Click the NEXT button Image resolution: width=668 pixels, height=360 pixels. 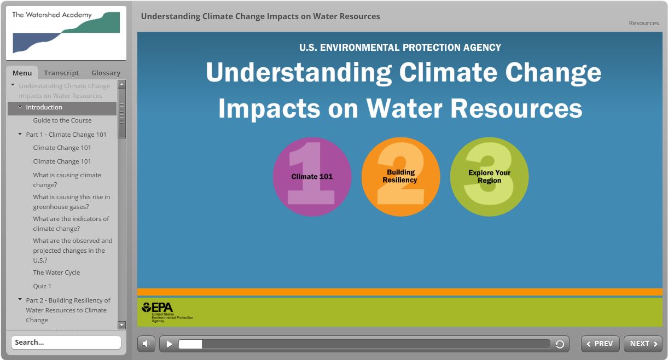pos(643,344)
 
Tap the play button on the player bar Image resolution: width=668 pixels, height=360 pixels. pos(169,344)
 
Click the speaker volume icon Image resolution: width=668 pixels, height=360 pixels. pos(146,344)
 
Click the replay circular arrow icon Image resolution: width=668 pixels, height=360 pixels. pos(560,344)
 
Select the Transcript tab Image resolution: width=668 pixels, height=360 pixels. pos(61,73)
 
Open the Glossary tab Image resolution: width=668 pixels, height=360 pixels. pos(106,73)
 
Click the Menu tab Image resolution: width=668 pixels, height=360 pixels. pos(22,73)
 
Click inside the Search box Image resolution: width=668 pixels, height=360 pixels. pos(66,342)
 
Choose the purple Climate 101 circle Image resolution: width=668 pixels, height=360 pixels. pos(312,177)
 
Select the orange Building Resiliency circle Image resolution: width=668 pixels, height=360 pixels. pos(400,177)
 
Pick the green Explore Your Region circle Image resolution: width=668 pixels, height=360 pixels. pos(489,177)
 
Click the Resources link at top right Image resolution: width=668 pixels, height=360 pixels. pos(643,23)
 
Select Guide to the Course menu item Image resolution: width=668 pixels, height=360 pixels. pos(62,120)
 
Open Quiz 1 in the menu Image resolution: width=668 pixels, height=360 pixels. pos(42,286)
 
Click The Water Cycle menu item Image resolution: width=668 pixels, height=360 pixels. pos(56,272)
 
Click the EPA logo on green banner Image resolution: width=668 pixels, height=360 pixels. pos(167,312)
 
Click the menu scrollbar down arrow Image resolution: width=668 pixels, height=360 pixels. pos(121,325)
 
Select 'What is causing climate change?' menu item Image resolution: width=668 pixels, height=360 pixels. pos(67,180)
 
